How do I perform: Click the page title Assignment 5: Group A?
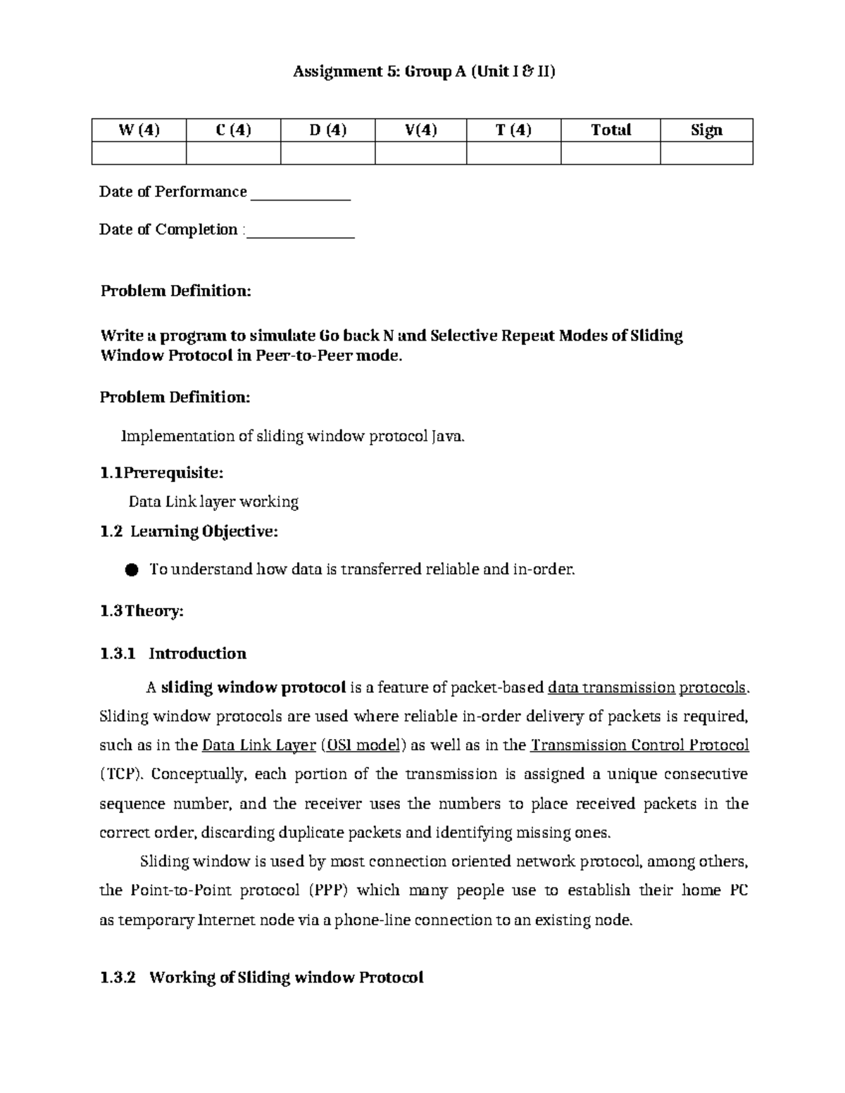click(424, 72)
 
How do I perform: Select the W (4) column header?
click(139, 130)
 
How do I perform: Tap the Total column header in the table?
click(611, 130)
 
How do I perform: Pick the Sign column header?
click(706, 130)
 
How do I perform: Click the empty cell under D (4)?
click(327, 153)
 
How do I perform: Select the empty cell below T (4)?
click(513, 153)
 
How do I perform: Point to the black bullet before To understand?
click(131, 570)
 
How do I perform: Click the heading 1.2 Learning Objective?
click(189, 531)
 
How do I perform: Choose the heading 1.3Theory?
click(142, 611)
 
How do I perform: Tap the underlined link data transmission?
click(611, 688)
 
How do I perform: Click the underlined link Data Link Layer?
click(258, 745)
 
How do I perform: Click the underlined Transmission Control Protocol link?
click(639, 745)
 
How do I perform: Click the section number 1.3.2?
click(118, 978)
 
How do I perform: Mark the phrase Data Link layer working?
click(213, 502)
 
